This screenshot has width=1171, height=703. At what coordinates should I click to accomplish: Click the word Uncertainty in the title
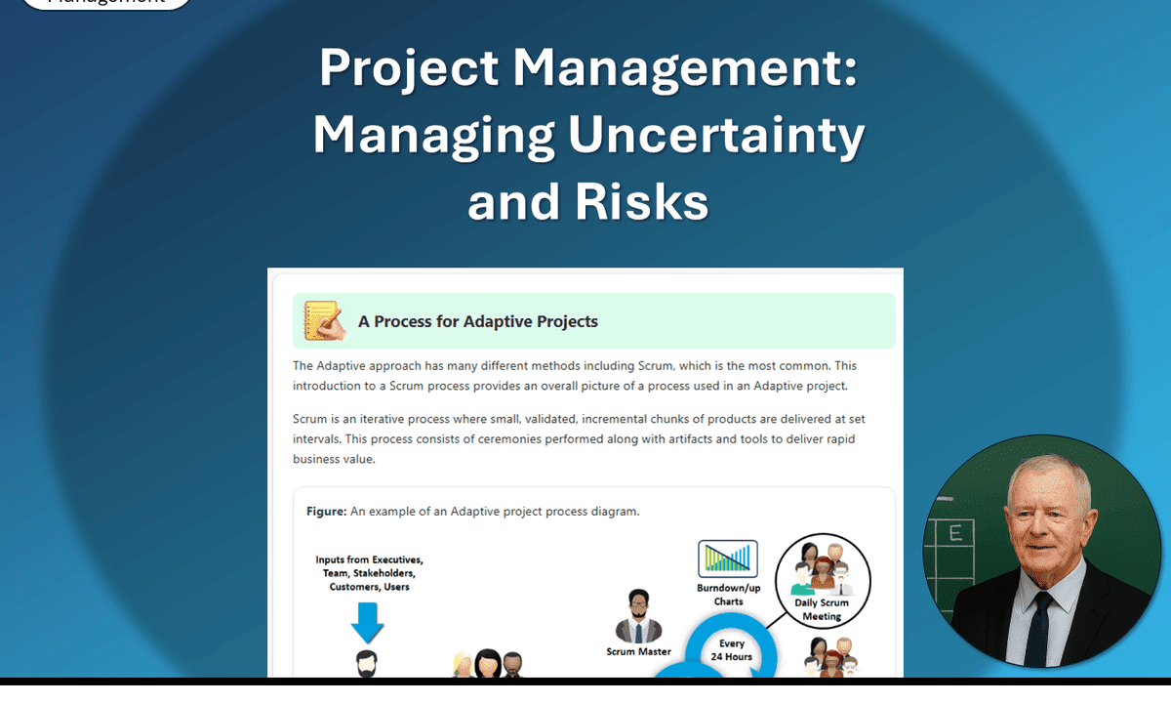716,136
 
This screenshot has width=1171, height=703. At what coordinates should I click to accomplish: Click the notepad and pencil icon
324,321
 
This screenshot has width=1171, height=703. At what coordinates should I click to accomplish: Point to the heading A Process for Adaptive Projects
477,321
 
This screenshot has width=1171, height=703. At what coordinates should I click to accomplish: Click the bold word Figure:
327,511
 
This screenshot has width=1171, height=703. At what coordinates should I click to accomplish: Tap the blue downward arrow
368,621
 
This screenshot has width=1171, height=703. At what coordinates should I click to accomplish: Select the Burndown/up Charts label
728,595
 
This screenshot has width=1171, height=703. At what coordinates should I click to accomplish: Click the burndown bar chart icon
728,558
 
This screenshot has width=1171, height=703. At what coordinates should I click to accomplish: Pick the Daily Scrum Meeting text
821,609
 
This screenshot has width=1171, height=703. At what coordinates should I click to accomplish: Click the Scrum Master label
638,651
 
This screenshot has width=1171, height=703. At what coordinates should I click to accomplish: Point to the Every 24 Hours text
732,650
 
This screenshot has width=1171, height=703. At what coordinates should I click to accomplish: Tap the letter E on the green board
955,533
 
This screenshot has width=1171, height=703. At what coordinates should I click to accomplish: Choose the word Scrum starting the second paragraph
310,419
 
